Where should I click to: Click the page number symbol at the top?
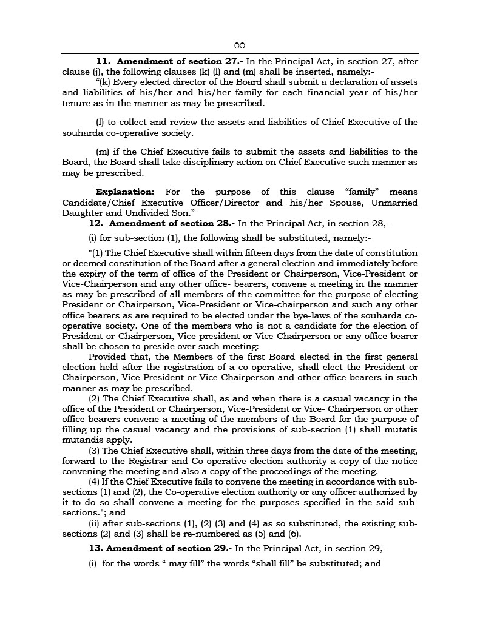click(239, 45)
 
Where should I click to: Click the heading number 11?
click(103, 62)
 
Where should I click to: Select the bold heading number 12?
click(96, 223)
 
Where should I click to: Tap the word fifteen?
click(241, 253)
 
